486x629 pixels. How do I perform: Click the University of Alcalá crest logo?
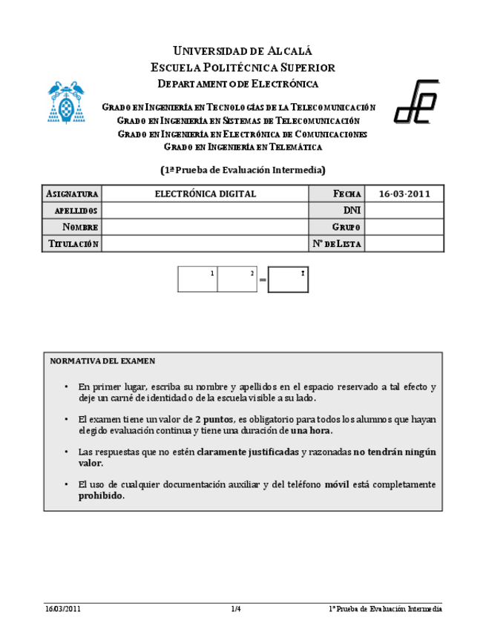[66, 102]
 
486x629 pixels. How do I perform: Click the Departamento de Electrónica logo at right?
[416, 102]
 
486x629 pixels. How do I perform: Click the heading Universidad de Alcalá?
[243, 51]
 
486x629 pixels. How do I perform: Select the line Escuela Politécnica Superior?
[243, 67]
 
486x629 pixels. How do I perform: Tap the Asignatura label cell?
[72, 194]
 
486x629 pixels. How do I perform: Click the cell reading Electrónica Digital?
[205, 194]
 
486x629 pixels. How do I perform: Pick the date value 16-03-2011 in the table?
[404, 194]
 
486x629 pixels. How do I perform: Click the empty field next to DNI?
[404, 211]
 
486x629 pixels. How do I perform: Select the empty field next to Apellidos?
[205, 211]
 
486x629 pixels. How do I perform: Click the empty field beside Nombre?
[205, 227]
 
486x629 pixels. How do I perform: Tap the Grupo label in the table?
[346, 227]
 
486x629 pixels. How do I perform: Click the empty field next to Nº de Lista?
[404, 244]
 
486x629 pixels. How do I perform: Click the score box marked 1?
[197, 280]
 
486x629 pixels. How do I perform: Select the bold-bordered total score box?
[289, 280]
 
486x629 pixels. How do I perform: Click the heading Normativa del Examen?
[102, 361]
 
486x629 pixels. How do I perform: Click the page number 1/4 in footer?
[236, 609]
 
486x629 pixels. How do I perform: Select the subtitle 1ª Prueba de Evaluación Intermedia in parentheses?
[243, 169]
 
